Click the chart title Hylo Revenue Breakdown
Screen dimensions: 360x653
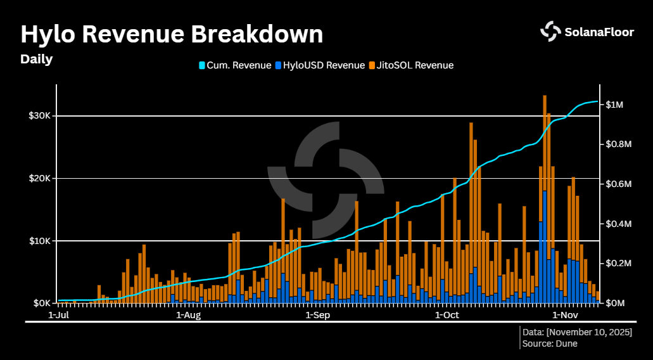click(x=172, y=34)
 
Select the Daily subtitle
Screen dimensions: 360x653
click(x=36, y=60)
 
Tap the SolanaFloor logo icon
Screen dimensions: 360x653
click(x=550, y=31)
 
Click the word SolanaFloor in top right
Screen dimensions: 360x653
click(x=599, y=32)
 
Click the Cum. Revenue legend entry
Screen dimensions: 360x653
click(x=235, y=65)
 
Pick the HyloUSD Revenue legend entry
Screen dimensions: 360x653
click(x=320, y=65)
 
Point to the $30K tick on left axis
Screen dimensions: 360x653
click(x=39, y=116)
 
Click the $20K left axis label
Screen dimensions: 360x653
click(x=39, y=178)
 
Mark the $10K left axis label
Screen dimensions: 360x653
click(x=39, y=241)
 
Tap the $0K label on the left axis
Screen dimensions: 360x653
click(x=41, y=303)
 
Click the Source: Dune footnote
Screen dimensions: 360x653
click(x=550, y=344)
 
